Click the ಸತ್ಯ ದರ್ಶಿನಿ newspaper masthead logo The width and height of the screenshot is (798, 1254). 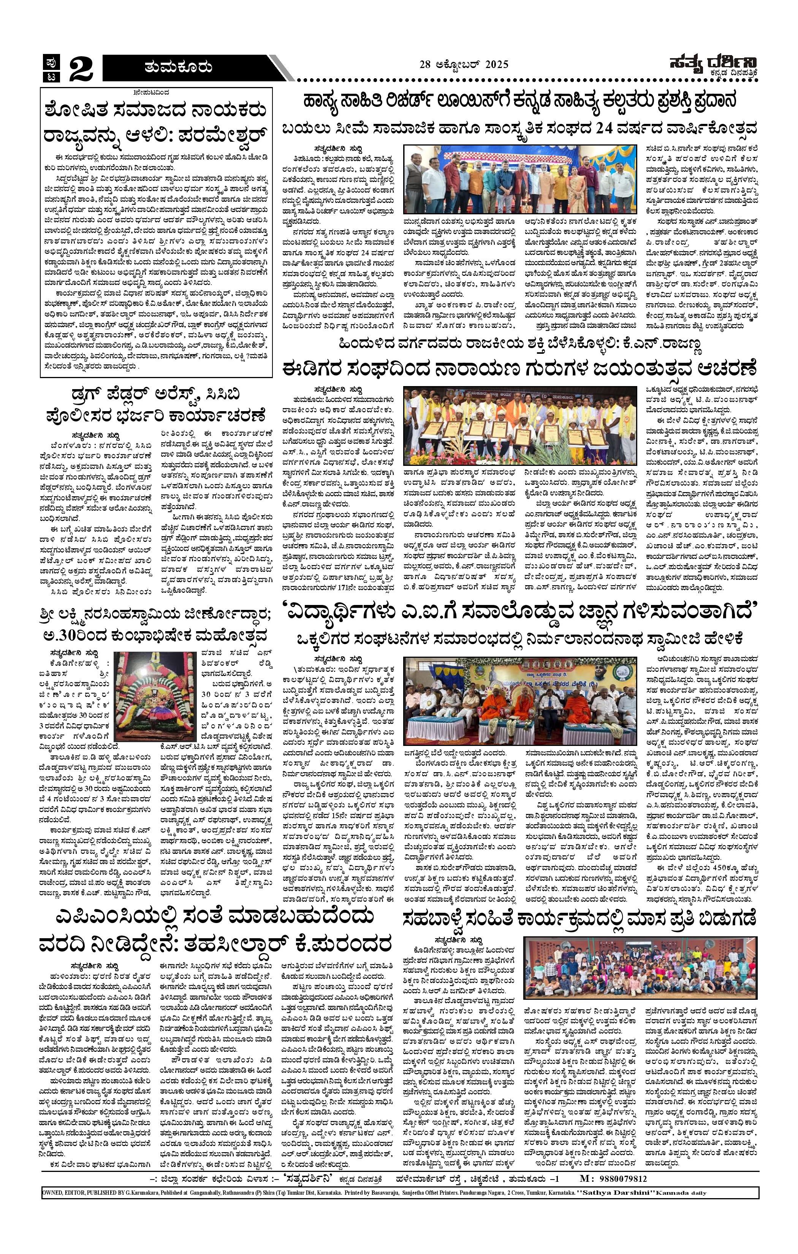712,66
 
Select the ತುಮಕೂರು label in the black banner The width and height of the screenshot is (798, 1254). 178,67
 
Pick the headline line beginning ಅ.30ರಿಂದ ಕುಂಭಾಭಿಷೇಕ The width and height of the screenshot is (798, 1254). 156,636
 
